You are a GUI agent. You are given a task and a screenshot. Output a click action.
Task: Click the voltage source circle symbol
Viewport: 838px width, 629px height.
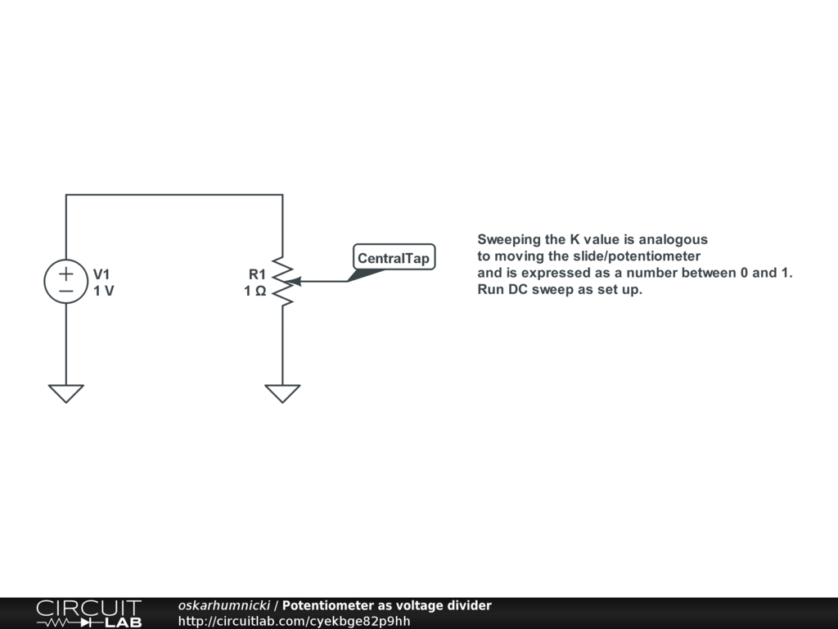point(65,282)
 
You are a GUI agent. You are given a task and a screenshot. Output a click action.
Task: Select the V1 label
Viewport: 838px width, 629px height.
point(101,274)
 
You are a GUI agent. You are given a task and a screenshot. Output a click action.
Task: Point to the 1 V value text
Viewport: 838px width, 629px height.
point(103,291)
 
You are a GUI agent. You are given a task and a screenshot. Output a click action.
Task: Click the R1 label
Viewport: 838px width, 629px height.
point(257,274)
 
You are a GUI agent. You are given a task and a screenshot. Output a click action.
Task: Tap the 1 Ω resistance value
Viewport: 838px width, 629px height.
point(255,291)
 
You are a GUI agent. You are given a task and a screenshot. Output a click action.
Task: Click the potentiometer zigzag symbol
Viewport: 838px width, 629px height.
point(282,282)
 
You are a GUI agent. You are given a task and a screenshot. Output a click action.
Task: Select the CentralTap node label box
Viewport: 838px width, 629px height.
point(394,258)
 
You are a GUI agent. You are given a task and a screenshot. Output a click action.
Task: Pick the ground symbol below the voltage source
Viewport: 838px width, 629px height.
point(65,393)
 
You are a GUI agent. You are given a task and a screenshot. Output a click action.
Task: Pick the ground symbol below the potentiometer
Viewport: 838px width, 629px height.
point(282,393)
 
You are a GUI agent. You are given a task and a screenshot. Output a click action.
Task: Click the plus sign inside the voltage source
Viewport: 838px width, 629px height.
point(65,274)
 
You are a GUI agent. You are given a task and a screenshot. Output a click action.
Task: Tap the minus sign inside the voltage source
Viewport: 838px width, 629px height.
point(65,290)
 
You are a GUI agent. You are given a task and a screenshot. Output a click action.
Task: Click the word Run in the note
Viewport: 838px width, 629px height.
point(489,289)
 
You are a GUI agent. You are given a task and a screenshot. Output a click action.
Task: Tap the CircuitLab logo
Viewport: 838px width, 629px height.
point(88,613)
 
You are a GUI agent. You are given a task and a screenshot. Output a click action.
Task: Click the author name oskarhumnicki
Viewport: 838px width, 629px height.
point(223,606)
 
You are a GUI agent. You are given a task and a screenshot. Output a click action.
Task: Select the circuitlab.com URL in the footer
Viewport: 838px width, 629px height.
point(294,621)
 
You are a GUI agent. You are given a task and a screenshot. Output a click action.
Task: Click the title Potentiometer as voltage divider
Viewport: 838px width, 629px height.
point(387,606)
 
